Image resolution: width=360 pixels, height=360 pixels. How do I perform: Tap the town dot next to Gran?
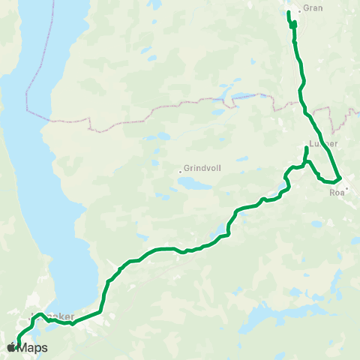pos(299,10)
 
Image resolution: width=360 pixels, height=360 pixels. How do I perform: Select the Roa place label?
pos(337,192)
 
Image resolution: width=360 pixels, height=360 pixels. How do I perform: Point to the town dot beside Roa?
pos(346,187)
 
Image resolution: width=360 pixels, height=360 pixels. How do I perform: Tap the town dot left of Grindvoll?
pos(181,170)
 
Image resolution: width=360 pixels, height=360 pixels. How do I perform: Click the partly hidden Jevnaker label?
pos(56,316)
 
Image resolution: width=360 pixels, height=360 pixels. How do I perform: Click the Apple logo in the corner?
pos(11,348)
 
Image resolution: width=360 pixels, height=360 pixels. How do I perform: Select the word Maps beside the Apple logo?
pos(33,348)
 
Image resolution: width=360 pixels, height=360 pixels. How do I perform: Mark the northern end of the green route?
pos(289,12)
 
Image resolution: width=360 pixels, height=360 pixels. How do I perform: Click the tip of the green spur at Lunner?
pos(307,148)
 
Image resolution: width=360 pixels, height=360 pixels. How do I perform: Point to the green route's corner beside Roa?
pos(340,178)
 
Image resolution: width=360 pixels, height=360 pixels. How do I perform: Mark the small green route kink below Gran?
pos(293,25)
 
